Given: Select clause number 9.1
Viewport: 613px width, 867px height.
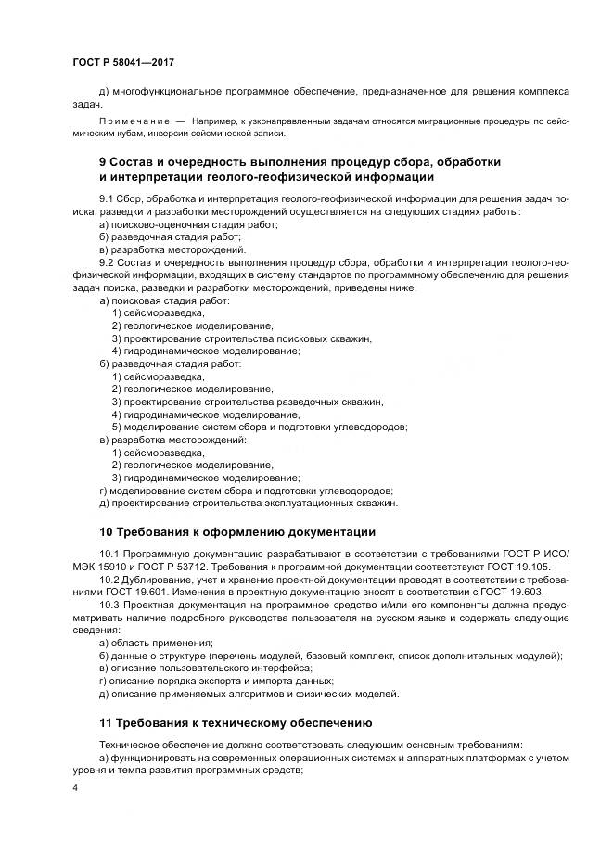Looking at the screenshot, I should [107, 200].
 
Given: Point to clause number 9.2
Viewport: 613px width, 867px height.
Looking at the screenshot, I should [107, 263].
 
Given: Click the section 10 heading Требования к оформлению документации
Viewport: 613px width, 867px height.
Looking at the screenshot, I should [236, 531].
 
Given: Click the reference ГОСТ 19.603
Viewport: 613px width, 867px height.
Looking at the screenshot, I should [520, 593].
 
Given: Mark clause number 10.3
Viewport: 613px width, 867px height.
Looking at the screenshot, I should [109, 605].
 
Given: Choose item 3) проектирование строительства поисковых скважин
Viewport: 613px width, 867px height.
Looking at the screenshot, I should [241, 339].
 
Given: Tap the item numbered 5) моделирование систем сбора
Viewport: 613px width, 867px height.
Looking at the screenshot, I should [259, 427].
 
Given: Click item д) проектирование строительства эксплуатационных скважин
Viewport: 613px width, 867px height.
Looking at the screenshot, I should [248, 504].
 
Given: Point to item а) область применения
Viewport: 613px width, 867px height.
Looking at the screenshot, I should [156, 643].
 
